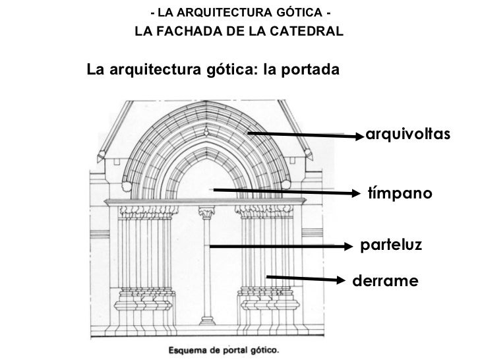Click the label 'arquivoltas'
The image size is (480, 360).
click(408, 135)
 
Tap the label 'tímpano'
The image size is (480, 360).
click(400, 194)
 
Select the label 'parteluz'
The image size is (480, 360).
click(390, 245)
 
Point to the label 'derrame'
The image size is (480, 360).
click(386, 281)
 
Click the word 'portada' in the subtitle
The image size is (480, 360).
click(311, 69)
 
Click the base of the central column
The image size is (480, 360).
click(207, 326)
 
